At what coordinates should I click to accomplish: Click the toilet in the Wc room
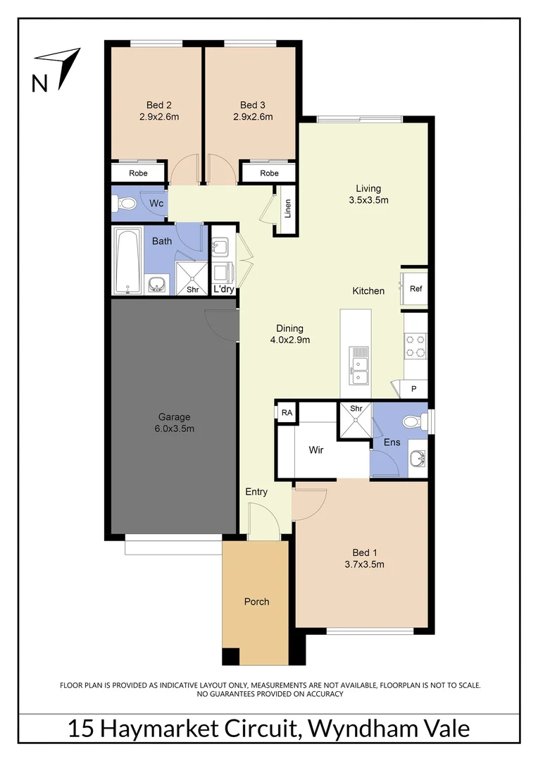click(127, 204)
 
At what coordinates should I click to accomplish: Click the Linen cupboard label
click(287, 209)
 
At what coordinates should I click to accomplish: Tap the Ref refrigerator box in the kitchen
click(415, 288)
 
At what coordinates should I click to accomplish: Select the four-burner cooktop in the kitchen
click(415, 345)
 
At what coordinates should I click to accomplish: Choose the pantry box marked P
click(413, 389)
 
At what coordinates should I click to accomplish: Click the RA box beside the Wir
click(287, 412)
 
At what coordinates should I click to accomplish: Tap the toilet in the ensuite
click(411, 422)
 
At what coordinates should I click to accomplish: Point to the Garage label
click(174, 416)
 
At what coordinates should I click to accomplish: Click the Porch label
click(256, 601)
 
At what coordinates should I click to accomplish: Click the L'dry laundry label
click(223, 289)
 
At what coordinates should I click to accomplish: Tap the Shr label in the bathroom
click(192, 289)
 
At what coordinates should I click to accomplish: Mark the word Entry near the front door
click(256, 491)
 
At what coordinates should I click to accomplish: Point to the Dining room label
click(289, 328)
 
